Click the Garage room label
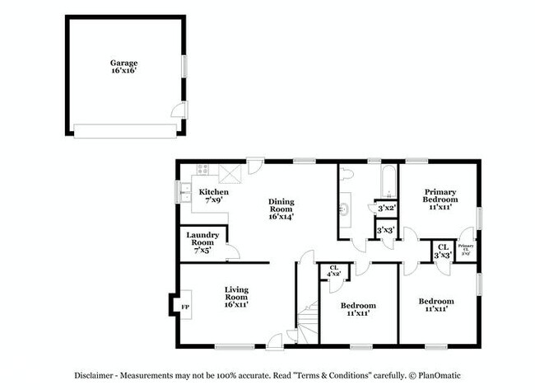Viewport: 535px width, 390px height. coord(125,66)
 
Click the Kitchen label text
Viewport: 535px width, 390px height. coord(214,196)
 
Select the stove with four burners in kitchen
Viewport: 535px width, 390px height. coord(203,172)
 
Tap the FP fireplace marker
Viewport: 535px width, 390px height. coord(184,308)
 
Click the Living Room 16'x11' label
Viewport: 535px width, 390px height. coord(237,297)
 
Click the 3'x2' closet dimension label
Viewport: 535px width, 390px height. coord(385,209)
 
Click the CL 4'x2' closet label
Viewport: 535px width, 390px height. coord(334,270)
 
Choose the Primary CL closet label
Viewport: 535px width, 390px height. coord(465,248)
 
